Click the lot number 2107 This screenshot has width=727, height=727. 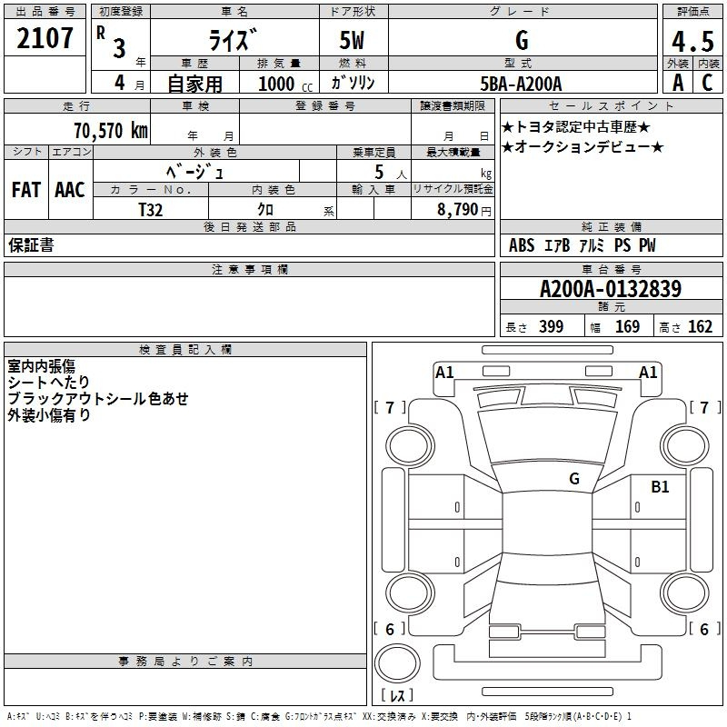click(45, 38)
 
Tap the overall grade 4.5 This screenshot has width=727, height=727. click(692, 42)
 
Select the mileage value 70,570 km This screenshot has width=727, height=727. click(111, 131)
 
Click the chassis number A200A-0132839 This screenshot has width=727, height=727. click(611, 288)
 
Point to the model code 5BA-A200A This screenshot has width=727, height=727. click(521, 84)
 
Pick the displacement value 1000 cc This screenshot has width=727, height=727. click(285, 84)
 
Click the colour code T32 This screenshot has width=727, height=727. click(151, 210)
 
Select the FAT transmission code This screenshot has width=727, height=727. click(26, 190)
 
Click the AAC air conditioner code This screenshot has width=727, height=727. click(70, 190)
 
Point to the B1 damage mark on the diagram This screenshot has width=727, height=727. click(660, 487)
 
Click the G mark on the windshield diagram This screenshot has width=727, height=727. click(574, 479)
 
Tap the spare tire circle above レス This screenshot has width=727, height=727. click(397, 663)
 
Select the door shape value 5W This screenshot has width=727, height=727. click(352, 40)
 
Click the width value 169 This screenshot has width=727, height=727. click(627, 326)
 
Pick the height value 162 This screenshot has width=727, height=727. click(700, 326)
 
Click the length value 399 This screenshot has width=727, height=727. click(552, 326)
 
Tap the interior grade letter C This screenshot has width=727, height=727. click(707, 83)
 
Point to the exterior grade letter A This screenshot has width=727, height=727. click(678, 83)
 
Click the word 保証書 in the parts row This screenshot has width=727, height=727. click(31, 244)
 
